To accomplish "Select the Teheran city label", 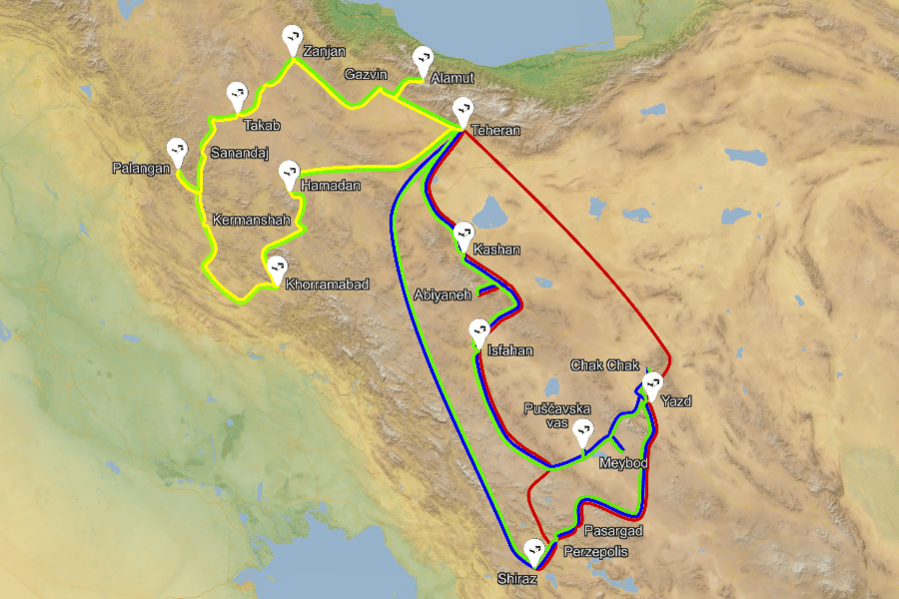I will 497,131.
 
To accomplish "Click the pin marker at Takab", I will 237,95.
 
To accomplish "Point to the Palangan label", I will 141,169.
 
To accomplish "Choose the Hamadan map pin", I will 290,173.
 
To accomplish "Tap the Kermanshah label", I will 250,220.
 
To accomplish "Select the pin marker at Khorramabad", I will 276,268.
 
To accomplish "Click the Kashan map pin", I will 463,235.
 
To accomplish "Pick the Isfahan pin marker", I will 479,331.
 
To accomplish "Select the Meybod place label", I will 623,464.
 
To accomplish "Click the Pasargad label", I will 613,531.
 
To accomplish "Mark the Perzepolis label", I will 597,551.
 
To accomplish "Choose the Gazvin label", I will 365,75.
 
